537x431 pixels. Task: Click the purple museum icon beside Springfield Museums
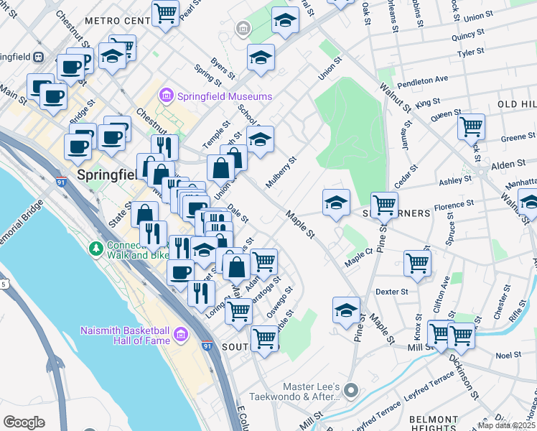click(167, 96)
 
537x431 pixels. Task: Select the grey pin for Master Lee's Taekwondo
click(351, 391)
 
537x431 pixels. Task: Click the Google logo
click(24, 422)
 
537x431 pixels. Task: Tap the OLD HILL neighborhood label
click(516, 104)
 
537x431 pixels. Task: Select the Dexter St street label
click(391, 292)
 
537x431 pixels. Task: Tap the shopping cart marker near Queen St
click(471, 127)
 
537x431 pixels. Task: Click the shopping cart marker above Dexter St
click(417, 263)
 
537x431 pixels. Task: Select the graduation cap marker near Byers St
click(261, 58)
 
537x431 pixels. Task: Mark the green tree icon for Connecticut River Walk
click(95, 249)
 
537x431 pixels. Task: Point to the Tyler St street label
click(471, 52)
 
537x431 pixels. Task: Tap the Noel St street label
click(508, 355)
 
